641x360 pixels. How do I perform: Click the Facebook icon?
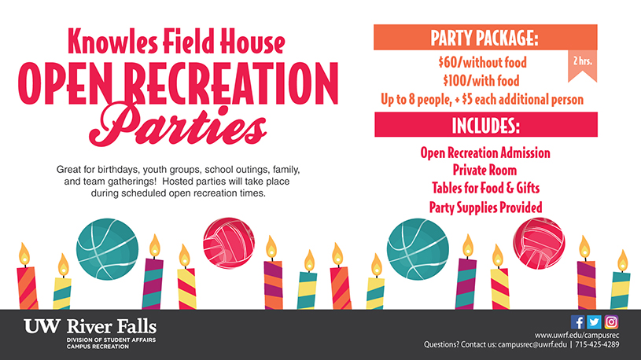pos(577,322)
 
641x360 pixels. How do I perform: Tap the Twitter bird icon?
pos(594,322)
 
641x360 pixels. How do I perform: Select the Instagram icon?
pos(611,322)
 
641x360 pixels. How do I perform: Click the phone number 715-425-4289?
pos(597,344)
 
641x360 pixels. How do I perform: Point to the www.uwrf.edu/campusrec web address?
pos(577,335)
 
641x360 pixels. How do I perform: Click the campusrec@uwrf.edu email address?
pos(532,344)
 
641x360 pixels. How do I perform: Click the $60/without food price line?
pos(482,63)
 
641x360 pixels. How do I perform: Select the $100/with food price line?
pos(481,80)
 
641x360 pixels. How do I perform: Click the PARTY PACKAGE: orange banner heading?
pos(485,37)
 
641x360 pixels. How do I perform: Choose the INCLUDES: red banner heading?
pos(485,125)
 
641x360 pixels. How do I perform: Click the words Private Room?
pos(484,170)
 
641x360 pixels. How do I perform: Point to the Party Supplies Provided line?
pos(485,208)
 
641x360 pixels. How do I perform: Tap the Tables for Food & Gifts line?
pos(485,188)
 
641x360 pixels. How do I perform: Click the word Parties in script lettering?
pos(179,124)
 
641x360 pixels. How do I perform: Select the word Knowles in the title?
pos(112,42)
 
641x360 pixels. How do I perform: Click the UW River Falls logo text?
pos(90,327)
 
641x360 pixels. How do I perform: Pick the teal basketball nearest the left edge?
pos(107,249)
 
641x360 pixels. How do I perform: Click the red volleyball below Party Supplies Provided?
pos(539,244)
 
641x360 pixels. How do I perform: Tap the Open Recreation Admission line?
pos(485,152)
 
